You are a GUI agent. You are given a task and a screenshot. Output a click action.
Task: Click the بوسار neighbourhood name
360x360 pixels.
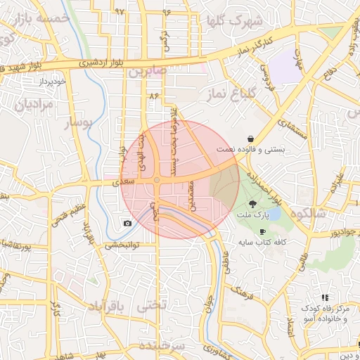click(x=78, y=123)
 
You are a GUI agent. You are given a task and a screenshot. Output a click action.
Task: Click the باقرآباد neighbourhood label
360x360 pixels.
click(x=106, y=307)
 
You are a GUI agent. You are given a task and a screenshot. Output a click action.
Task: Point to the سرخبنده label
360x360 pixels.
click(x=161, y=347)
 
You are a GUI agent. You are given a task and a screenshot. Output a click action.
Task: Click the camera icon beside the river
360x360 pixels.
click(x=127, y=224)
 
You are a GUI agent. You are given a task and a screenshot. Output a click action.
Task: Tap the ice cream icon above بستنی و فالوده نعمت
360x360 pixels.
click(x=252, y=138)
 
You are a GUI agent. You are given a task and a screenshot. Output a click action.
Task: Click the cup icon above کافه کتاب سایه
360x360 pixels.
click(x=262, y=231)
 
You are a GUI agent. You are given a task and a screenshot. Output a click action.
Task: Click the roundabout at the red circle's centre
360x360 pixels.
click(x=157, y=181)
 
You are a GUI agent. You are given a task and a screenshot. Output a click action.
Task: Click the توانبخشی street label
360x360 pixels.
click(x=124, y=245)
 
